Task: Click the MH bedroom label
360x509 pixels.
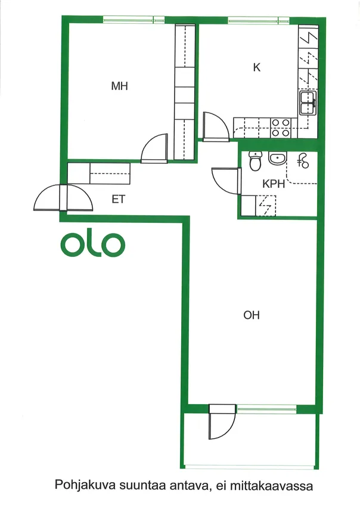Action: (x=119, y=86)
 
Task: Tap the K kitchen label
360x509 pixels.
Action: (x=256, y=67)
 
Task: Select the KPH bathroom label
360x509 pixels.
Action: (x=274, y=184)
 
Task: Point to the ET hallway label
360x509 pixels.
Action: (x=118, y=199)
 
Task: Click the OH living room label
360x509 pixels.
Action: (x=252, y=315)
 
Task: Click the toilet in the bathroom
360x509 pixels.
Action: (x=256, y=161)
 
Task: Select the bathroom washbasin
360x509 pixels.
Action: (x=277, y=159)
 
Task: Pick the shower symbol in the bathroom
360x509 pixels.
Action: (x=303, y=161)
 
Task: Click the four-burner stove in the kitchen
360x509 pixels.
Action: (x=281, y=128)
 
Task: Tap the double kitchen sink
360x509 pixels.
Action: (x=308, y=103)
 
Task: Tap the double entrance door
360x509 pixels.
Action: (x=63, y=197)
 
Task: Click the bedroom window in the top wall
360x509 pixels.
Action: (x=134, y=20)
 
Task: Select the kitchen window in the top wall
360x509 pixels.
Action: (x=259, y=20)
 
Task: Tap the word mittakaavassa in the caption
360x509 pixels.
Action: (x=272, y=486)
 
